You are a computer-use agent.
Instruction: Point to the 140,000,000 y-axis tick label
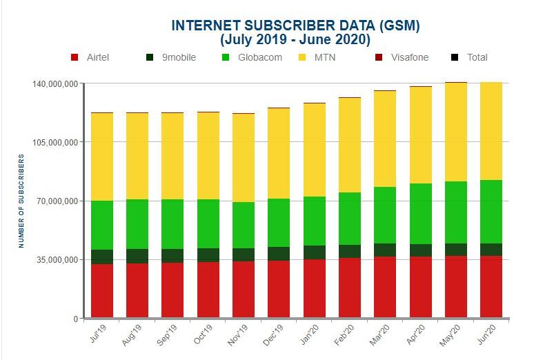click(55, 84)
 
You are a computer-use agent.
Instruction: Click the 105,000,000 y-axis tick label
click(55, 143)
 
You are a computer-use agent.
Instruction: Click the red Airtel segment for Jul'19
click(102, 290)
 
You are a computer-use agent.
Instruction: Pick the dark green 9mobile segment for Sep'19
click(172, 255)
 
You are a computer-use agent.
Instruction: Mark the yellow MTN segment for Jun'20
click(491, 131)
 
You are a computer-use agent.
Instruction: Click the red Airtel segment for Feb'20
click(350, 288)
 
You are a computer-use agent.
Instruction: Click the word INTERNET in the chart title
click(202, 26)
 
